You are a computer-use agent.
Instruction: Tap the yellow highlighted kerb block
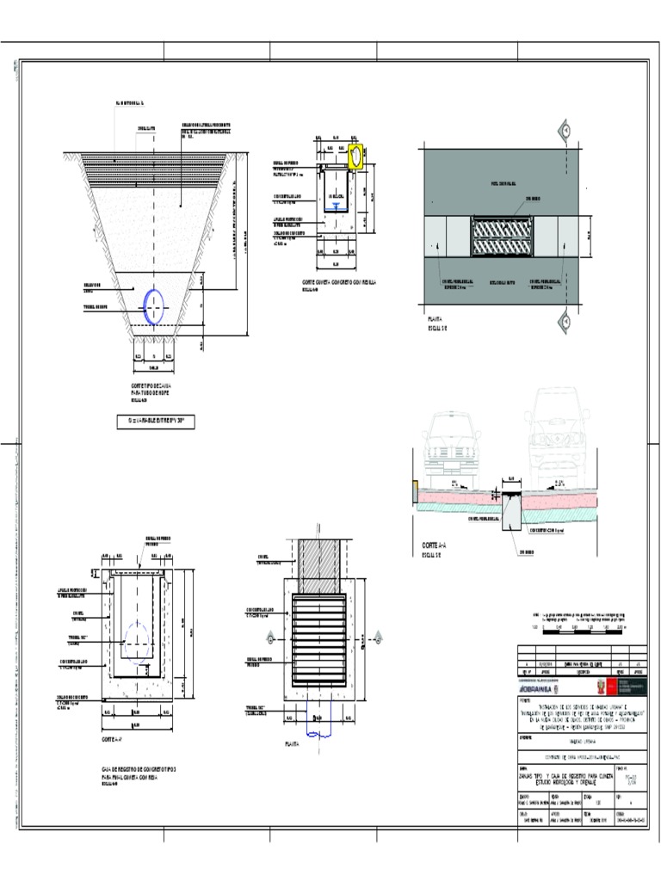tap(355, 156)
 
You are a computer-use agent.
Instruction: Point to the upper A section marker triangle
tap(566, 131)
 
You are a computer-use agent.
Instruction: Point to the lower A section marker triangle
tap(566, 322)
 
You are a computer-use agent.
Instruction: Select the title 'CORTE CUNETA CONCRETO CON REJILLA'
tap(339, 282)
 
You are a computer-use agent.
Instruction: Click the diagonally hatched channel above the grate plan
tap(320, 566)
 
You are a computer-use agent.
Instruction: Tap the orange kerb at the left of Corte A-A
tap(416, 492)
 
